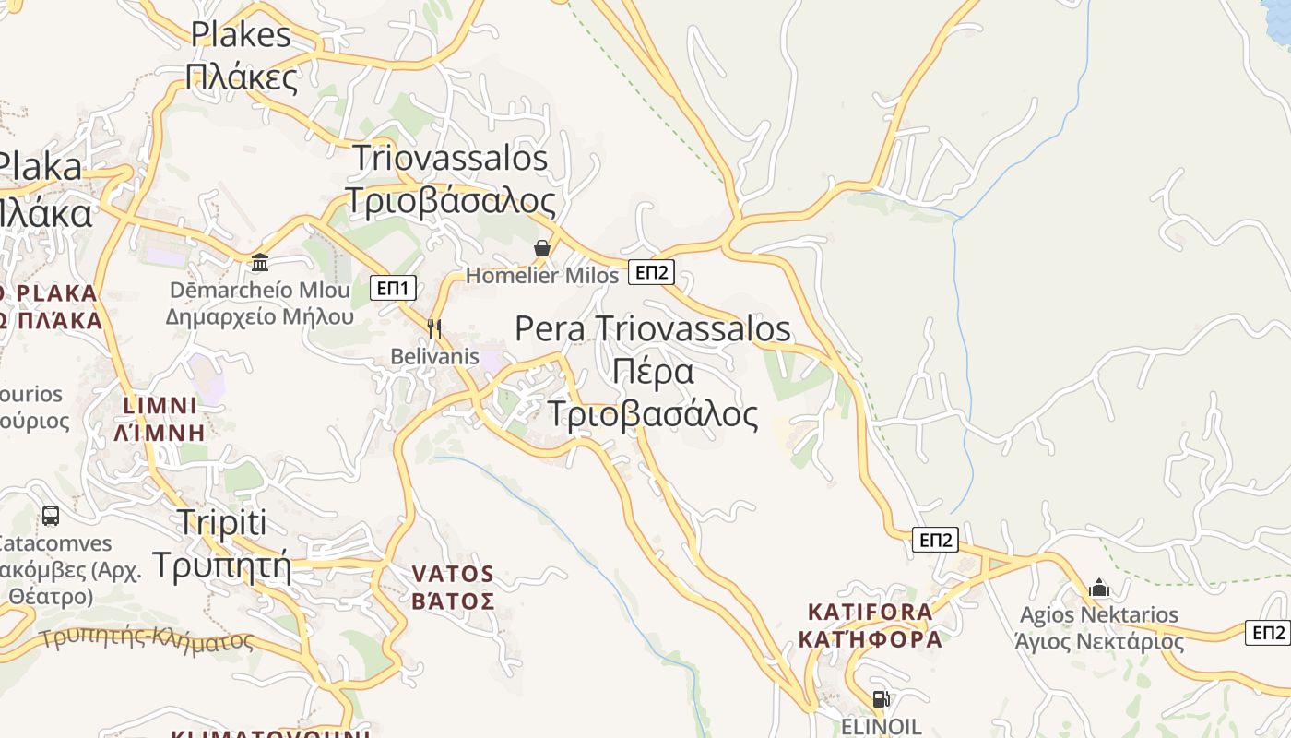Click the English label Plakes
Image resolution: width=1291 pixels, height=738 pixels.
[x=241, y=34]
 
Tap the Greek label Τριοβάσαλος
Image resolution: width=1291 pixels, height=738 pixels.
[x=450, y=200]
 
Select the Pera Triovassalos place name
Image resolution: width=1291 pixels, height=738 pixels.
[x=653, y=328]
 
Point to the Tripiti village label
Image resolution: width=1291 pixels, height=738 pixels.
[x=221, y=522]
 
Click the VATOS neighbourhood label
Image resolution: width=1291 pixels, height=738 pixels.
[x=453, y=574]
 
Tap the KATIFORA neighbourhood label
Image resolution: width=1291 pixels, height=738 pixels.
[x=870, y=611]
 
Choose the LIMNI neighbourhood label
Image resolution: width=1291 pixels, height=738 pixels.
[x=160, y=405]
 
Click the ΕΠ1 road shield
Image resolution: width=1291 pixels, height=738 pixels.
[x=394, y=288]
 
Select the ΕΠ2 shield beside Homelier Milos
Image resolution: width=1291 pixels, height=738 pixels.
[x=652, y=271]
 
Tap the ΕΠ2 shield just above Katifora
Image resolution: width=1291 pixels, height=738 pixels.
[x=935, y=540]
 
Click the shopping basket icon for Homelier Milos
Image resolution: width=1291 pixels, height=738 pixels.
[x=542, y=248]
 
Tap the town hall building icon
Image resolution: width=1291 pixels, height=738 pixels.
[x=260, y=263]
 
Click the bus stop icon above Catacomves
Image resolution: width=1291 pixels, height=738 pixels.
[x=51, y=516]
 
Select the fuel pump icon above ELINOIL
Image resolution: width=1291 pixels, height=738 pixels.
[x=881, y=699]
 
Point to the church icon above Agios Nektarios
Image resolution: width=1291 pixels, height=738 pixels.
[x=1098, y=588]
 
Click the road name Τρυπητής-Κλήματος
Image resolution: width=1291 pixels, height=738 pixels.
[x=147, y=638]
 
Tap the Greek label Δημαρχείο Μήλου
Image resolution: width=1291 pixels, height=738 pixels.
[x=260, y=316]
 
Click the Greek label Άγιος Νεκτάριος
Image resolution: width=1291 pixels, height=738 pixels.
[x=1099, y=641]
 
